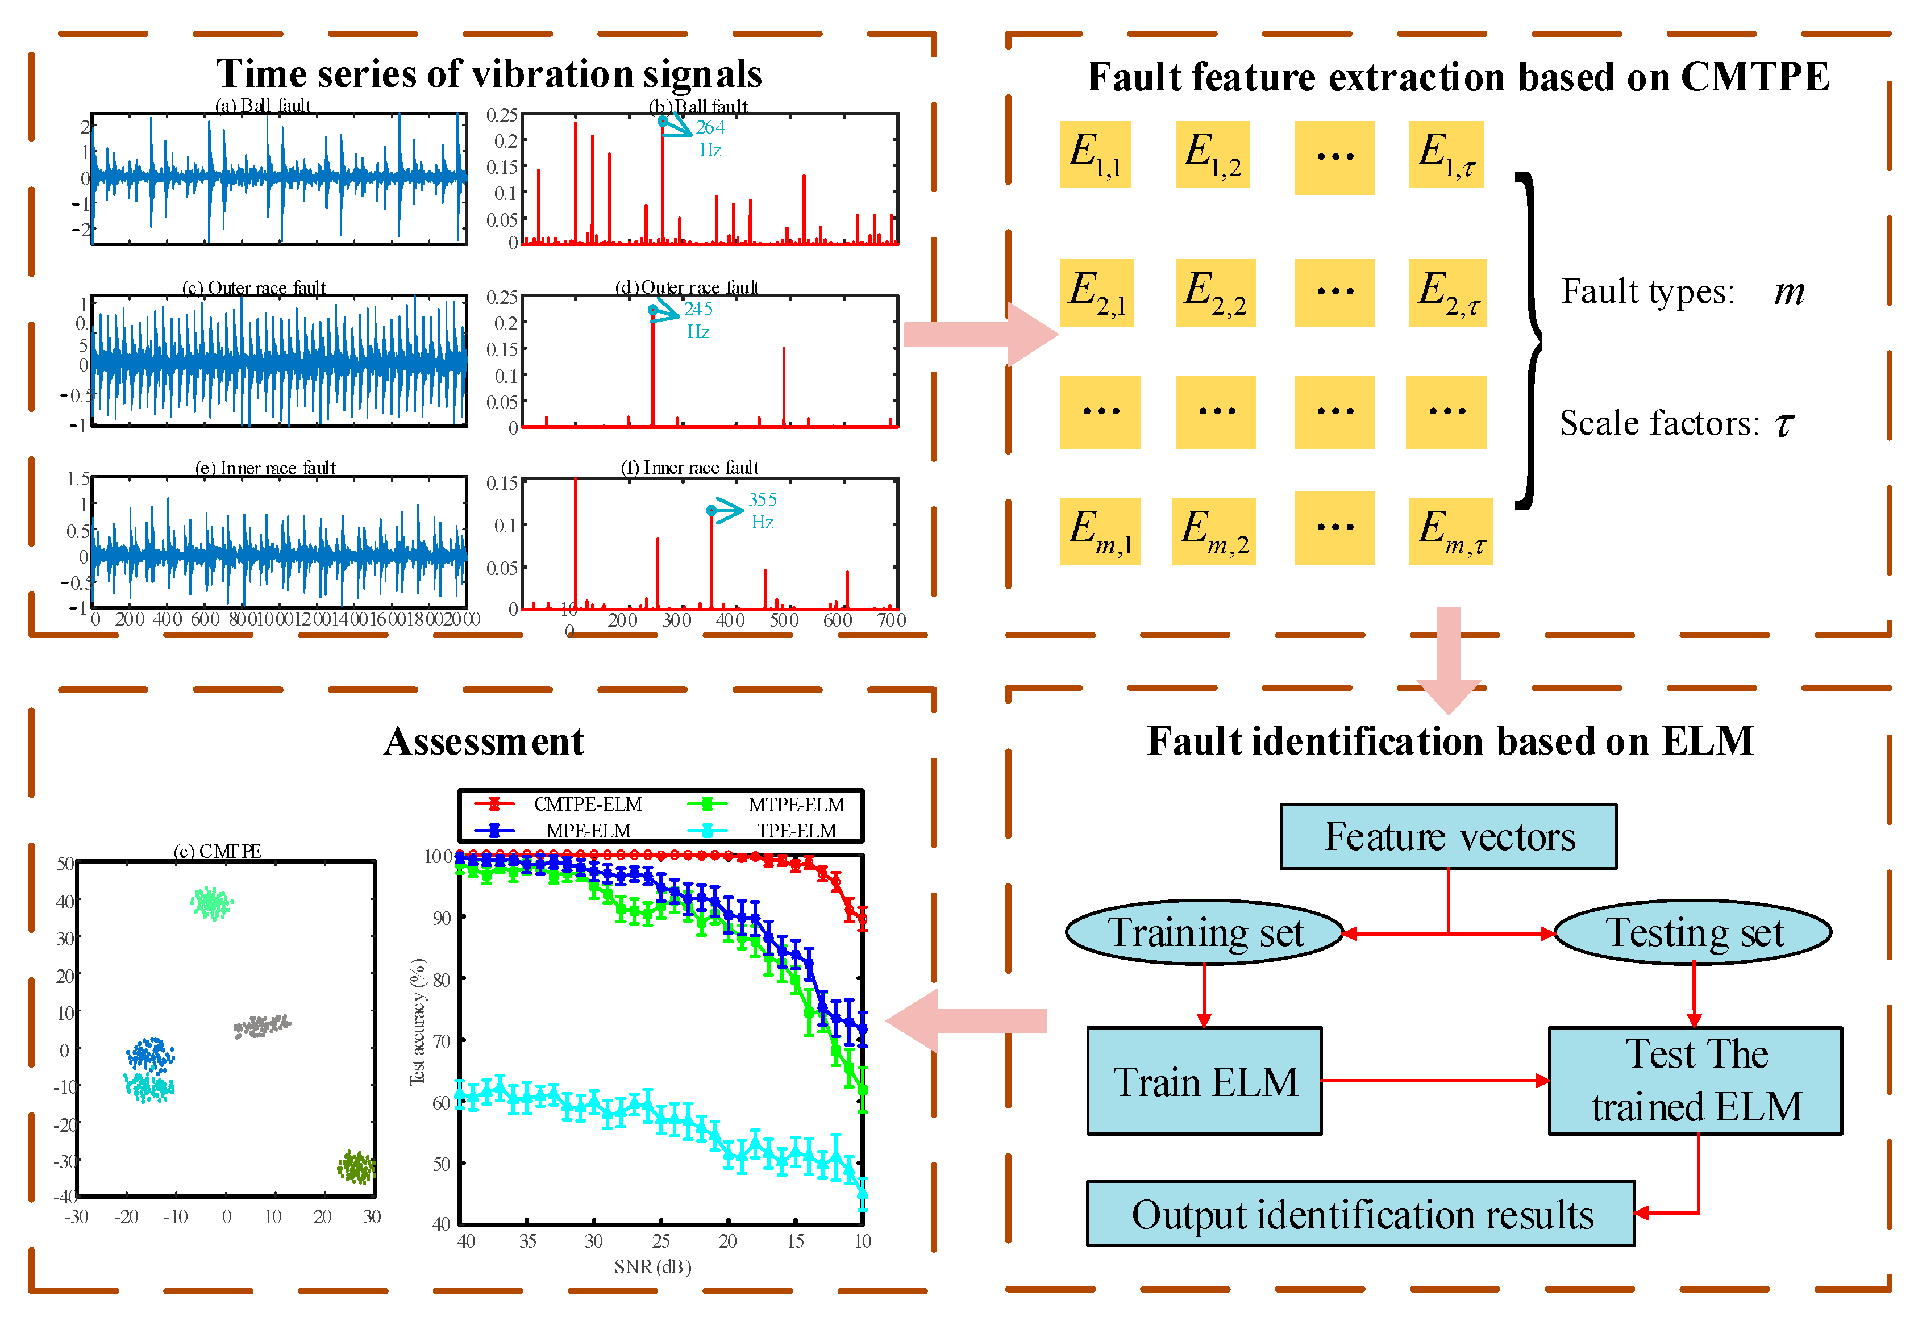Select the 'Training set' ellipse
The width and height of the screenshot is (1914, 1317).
(x=1204, y=932)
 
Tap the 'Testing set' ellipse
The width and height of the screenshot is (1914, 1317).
(x=1693, y=932)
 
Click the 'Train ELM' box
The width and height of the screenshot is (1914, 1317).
(x=1204, y=1081)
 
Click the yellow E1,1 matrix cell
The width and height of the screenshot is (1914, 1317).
(x=1095, y=155)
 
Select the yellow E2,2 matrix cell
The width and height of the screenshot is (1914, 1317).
(x=1215, y=293)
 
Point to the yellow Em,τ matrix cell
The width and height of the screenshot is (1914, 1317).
(x=1450, y=531)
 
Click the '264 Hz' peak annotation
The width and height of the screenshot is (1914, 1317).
(x=710, y=138)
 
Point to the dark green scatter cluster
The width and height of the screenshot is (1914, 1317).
(x=356, y=1167)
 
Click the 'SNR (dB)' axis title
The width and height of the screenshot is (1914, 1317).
(x=652, y=1266)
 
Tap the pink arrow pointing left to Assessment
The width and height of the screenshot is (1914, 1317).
(x=966, y=1021)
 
